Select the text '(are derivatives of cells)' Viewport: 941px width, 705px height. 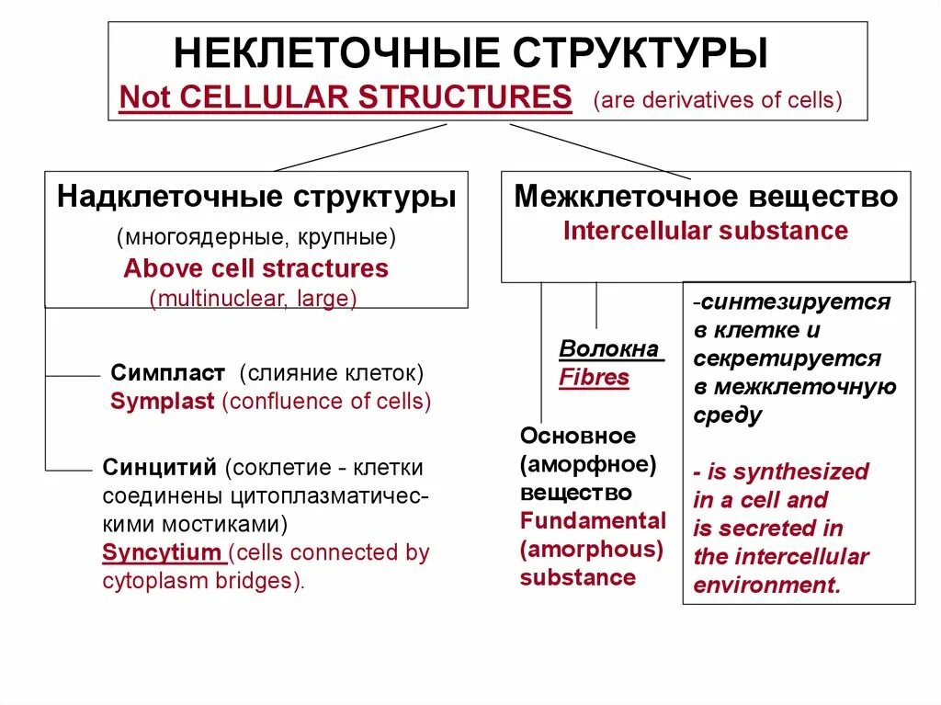point(718,99)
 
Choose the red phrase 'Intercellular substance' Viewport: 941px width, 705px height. point(706,231)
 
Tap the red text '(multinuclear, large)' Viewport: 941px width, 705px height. point(254,299)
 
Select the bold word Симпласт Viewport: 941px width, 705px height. point(168,373)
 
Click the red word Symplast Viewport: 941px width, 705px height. point(163,402)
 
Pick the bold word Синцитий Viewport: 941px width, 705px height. point(160,467)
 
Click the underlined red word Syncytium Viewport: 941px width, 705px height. point(162,553)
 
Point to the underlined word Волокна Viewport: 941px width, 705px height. point(608,349)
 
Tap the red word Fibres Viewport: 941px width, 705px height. point(595,378)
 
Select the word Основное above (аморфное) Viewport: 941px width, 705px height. point(577,436)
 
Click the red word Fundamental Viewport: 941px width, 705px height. point(593,521)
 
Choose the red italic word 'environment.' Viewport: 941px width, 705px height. point(767,586)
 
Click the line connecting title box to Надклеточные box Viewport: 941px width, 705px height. point(349,147)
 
